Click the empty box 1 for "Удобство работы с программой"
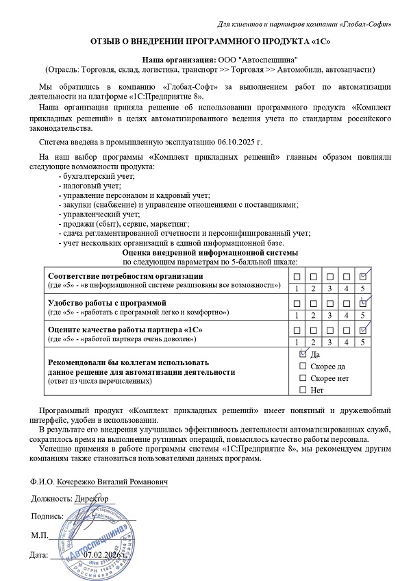298,302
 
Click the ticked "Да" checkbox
303,355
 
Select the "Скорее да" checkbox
303,367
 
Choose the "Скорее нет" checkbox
303,378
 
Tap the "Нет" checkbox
303,391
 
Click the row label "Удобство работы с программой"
106,302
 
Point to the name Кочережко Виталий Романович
112,482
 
